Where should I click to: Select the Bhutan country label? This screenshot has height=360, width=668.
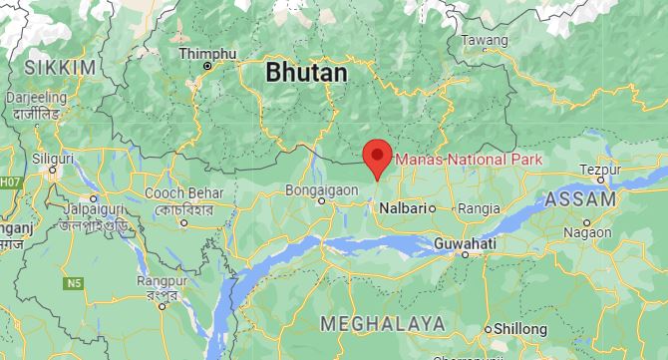point(306,73)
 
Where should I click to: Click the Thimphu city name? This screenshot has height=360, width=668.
point(207,52)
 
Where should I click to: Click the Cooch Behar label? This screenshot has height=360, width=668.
point(175,191)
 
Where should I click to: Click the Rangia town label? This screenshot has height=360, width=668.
point(478,208)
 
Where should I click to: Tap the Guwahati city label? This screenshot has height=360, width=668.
point(466,243)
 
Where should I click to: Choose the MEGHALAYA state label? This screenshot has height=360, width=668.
point(382,323)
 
